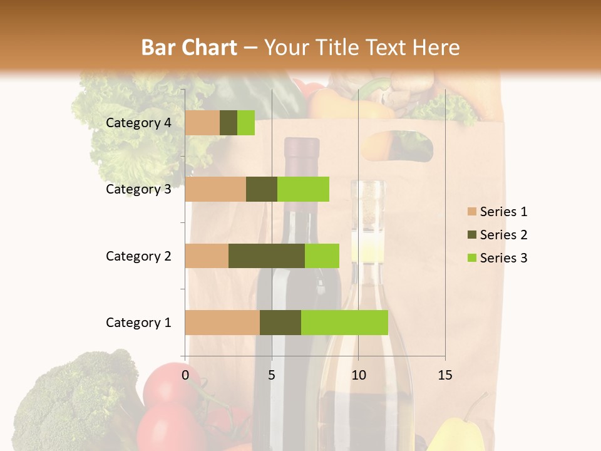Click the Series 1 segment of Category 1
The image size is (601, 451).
click(x=222, y=322)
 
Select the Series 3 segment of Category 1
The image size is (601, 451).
click(x=344, y=322)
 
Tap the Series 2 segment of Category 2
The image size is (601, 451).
click(x=267, y=256)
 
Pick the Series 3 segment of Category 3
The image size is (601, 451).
click(x=303, y=189)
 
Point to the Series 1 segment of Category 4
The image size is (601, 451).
click(x=202, y=123)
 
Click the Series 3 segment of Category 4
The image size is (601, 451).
click(x=246, y=123)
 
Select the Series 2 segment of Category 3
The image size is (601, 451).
click(x=262, y=189)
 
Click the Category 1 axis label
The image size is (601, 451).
click(x=138, y=323)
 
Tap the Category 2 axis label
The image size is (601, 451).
click(x=138, y=256)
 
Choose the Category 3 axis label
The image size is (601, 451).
click(x=138, y=189)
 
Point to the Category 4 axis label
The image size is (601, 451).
click(x=138, y=123)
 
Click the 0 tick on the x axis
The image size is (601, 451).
click(x=185, y=375)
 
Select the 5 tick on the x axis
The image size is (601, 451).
click(x=272, y=375)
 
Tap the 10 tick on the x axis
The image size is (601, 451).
click(x=358, y=375)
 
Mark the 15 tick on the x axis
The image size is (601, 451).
click(x=444, y=375)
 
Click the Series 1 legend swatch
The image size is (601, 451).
click(x=471, y=212)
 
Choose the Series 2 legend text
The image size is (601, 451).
click(x=503, y=235)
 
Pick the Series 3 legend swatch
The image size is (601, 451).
click(x=471, y=258)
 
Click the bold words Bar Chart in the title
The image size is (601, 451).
click(x=188, y=47)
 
